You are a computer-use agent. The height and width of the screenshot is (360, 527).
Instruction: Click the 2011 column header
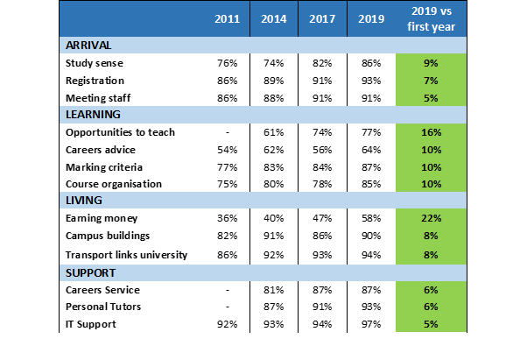(x=228, y=18)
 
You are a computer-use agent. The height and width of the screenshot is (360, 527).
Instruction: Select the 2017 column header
(x=322, y=18)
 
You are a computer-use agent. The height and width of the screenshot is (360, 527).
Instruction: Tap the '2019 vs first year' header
(x=432, y=18)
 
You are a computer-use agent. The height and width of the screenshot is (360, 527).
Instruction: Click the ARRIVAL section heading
(x=88, y=46)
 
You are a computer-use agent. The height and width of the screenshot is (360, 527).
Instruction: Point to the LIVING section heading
(x=84, y=201)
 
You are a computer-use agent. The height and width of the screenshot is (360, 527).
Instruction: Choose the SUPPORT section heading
(x=90, y=273)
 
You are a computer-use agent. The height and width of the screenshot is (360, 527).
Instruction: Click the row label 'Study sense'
(x=95, y=63)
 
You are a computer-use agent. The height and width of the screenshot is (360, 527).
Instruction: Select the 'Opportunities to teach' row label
(x=120, y=132)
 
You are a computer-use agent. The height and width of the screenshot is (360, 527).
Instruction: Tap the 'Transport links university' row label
(x=126, y=255)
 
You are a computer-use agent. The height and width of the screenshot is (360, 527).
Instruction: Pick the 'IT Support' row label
(x=91, y=324)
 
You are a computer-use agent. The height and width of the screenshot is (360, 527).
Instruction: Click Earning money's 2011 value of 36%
(x=228, y=218)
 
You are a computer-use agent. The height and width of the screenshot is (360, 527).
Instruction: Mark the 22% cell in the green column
(x=432, y=218)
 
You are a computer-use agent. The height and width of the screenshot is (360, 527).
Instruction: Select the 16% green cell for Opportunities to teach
(x=432, y=132)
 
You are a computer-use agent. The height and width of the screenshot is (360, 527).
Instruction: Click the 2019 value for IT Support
(x=371, y=324)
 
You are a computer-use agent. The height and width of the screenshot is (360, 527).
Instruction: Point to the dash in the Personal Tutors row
(x=228, y=307)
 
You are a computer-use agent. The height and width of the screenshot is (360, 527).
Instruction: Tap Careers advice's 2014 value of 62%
(x=274, y=150)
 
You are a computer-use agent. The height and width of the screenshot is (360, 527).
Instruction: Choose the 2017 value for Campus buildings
(x=322, y=236)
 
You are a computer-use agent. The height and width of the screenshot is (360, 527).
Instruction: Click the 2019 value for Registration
(x=371, y=81)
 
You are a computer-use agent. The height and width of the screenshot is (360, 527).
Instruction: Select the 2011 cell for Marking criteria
(x=228, y=167)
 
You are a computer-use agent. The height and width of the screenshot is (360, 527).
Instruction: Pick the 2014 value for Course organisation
(x=274, y=184)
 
